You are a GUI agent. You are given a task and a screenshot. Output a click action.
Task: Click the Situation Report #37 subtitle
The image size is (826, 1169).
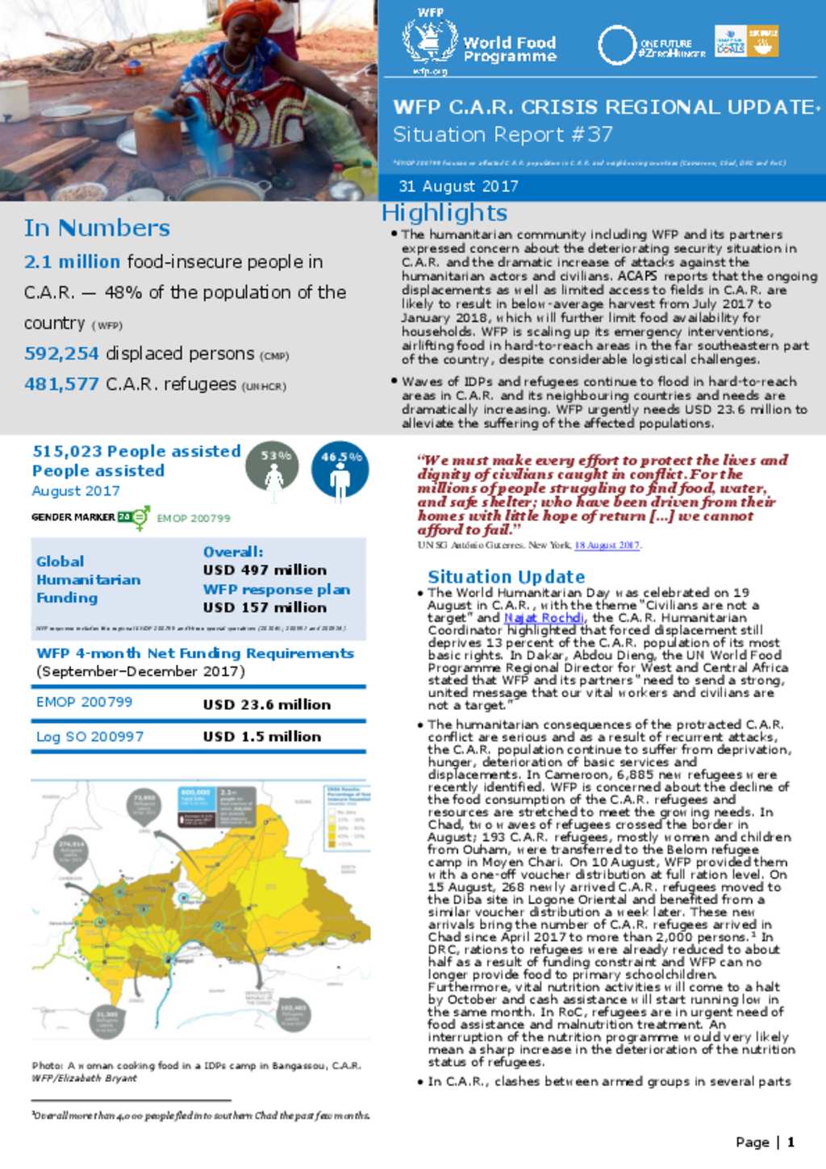click(503, 134)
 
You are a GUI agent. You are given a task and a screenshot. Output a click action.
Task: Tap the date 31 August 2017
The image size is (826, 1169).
click(458, 186)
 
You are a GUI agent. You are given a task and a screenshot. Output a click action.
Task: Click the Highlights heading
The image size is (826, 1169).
click(444, 212)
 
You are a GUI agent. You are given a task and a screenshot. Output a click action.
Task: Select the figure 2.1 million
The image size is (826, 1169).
click(72, 261)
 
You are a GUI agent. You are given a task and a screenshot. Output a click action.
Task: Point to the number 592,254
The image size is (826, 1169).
click(61, 353)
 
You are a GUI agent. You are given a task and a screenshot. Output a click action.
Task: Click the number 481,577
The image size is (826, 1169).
click(61, 384)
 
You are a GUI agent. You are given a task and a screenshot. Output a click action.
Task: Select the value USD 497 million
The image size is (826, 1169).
click(265, 570)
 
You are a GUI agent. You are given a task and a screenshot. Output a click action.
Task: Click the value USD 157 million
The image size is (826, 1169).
click(265, 607)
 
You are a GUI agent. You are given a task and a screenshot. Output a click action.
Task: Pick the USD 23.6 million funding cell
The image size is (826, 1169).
click(266, 704)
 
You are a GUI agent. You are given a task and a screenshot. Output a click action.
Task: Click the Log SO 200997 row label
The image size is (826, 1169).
click(90, 737)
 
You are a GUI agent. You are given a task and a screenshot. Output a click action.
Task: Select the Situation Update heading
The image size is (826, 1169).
click(506, 577)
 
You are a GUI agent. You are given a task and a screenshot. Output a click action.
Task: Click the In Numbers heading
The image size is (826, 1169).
click(97, 228)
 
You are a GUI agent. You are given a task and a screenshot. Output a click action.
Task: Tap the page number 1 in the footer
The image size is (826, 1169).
click(791, 1142)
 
